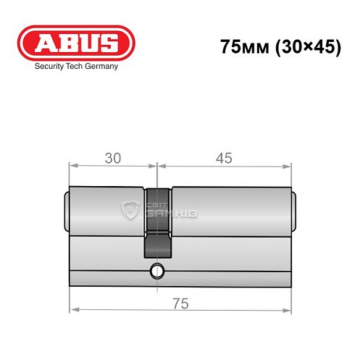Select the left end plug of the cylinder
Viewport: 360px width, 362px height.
pyautogui.click(x=67, y=209)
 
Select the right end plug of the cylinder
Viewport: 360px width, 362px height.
pyautogui.click(x=294, y=209)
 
